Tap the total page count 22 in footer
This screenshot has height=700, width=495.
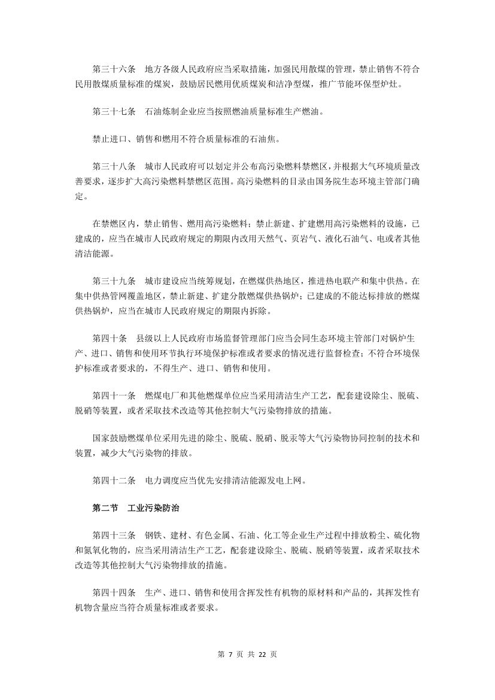click(x=262, y=654)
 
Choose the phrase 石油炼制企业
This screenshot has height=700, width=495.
click(x=165, y=112)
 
